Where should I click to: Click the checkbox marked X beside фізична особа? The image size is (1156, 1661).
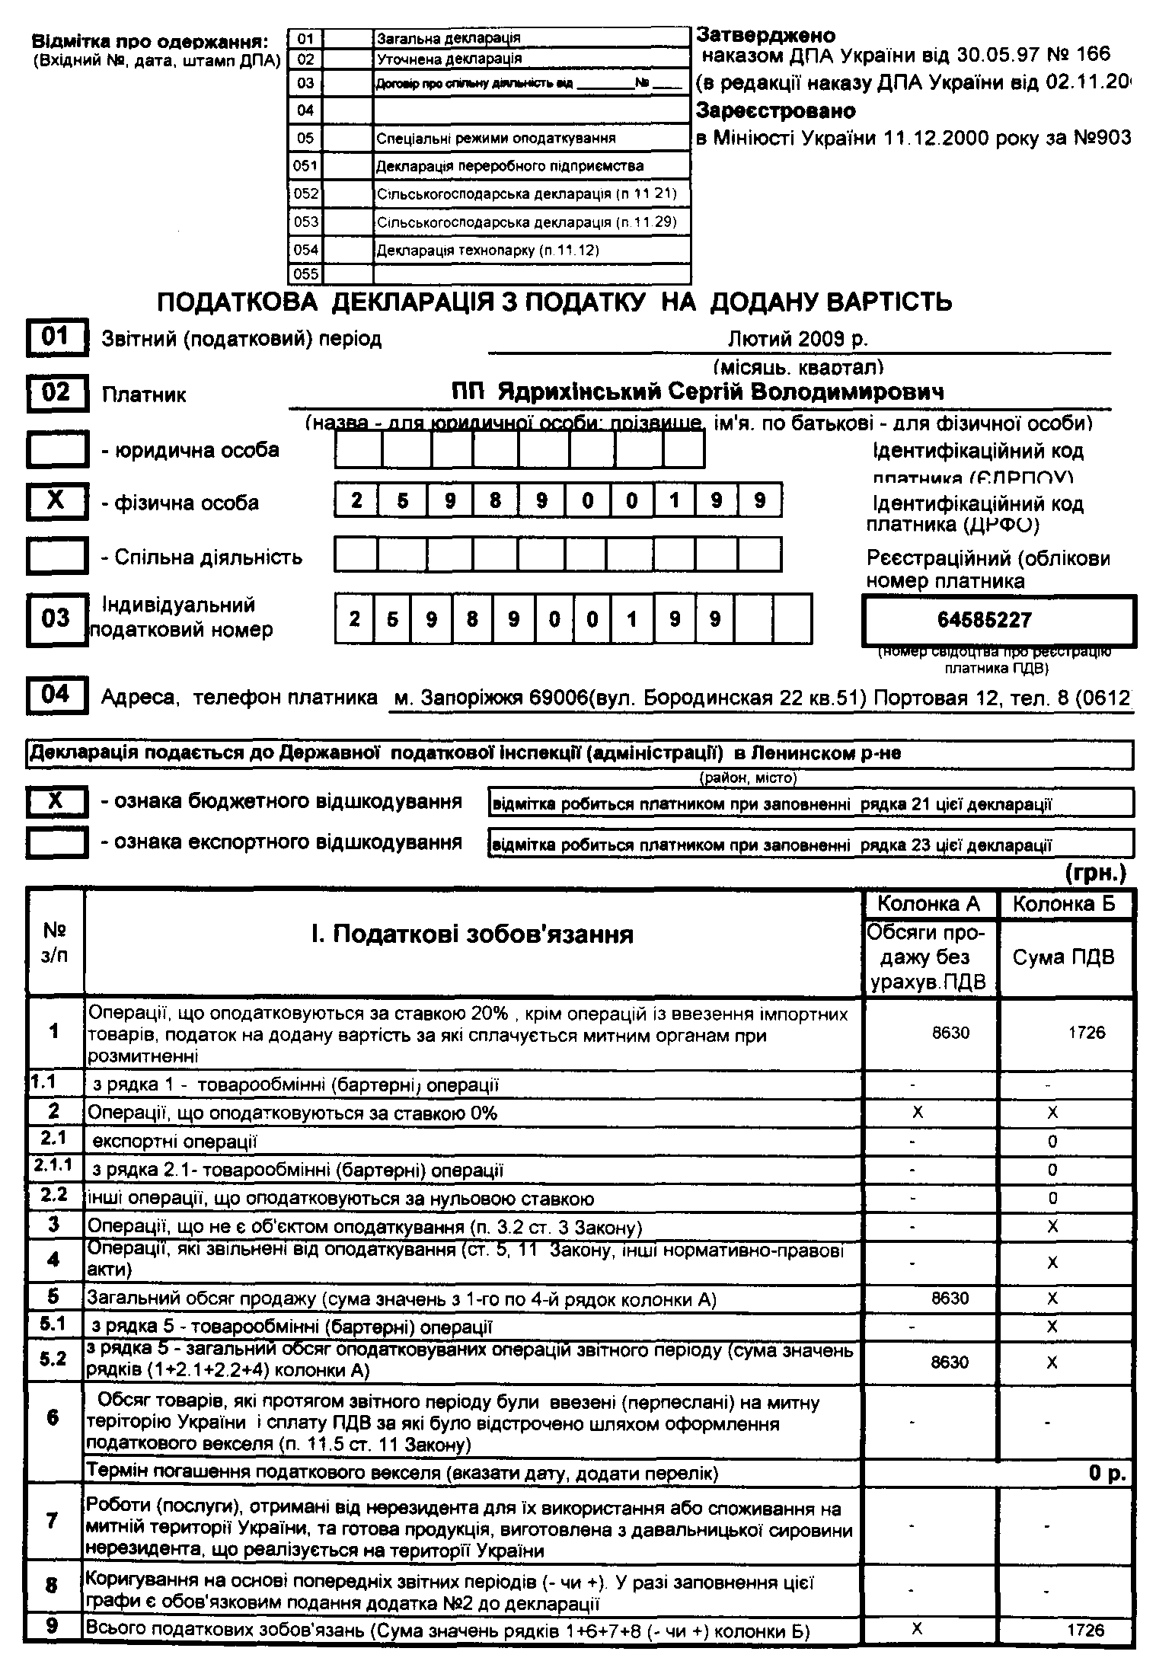57,502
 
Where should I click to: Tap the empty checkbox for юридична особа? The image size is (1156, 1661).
57,450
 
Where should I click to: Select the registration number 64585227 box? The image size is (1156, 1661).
998,620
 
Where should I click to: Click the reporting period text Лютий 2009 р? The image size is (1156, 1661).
797,339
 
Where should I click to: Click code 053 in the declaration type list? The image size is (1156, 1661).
306,222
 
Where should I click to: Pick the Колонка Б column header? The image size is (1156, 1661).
1064,904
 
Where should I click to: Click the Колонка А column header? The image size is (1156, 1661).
929,904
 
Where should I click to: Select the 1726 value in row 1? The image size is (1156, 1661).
1086,1033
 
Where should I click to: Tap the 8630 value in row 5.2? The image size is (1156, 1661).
950,1362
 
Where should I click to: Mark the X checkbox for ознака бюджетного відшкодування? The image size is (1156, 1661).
57,802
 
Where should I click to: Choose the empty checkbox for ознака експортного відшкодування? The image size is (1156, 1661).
57,842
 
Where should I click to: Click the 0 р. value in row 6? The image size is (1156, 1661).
1107,1474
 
